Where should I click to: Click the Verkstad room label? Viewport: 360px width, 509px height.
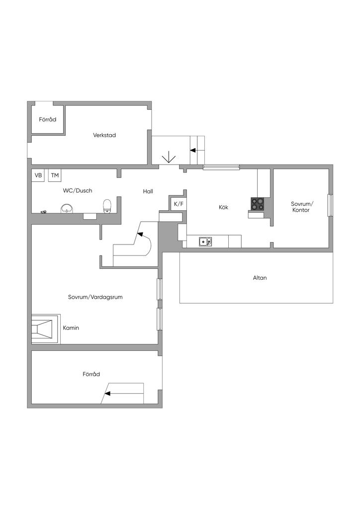104,135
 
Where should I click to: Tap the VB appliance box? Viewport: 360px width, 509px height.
38,175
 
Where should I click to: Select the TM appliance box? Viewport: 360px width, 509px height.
55,175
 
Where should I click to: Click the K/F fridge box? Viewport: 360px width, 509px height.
178,204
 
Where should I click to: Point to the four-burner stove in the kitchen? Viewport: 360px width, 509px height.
258,204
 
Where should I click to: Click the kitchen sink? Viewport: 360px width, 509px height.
205,242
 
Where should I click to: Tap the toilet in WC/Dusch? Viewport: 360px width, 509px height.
107,206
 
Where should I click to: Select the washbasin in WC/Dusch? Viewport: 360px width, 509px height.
67,208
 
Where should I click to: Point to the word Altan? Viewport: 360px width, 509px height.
260,277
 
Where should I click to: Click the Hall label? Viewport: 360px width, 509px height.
148,191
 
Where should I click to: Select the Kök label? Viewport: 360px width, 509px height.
223,207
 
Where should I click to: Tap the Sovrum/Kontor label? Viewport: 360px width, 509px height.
301,207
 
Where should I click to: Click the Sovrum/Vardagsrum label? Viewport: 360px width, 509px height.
95,297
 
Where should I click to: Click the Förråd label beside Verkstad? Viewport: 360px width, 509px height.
47,119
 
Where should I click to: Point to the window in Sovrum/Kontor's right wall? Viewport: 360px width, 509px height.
331,205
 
